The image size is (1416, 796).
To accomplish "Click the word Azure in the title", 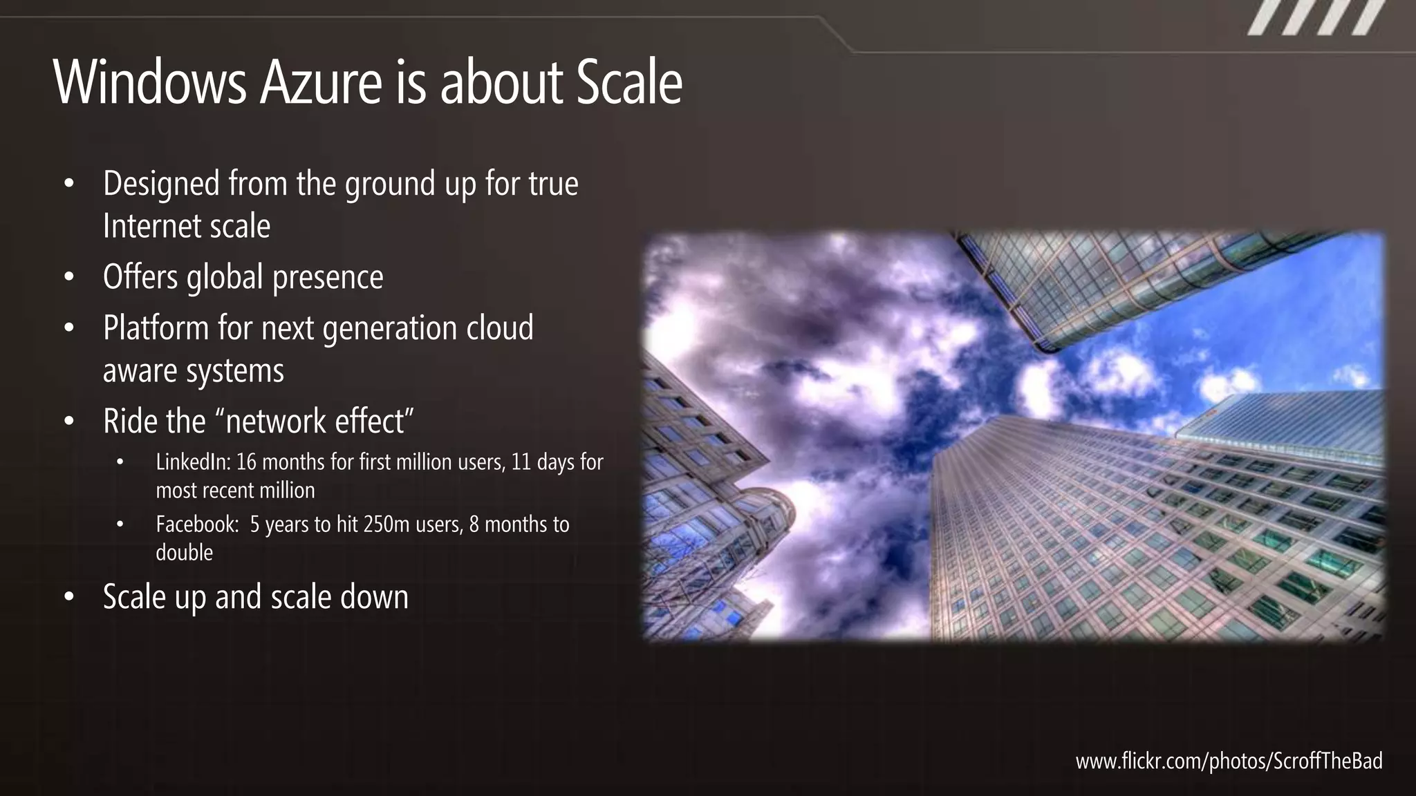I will pos(321,83).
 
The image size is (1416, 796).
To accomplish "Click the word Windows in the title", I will pos(149,83).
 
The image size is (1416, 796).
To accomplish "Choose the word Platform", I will pos(156,328).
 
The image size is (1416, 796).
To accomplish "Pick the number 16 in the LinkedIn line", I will pos(246,462).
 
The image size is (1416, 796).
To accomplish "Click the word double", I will pos(184,553).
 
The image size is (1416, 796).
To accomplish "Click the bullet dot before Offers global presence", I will pos(68,278).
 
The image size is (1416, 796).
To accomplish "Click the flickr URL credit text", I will pos(1229,761).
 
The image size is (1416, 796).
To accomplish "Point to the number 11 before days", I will pos(521,462).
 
